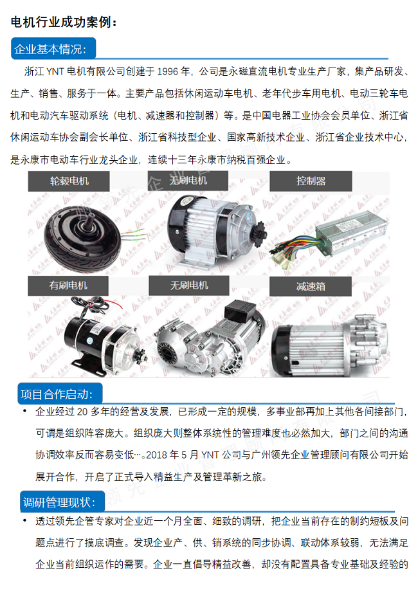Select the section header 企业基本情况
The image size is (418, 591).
pos(53,50)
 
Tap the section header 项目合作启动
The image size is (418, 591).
pos(57,394)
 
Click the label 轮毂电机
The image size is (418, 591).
pos(69,181)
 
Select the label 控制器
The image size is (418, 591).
pos(311,181)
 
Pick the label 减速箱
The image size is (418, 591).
pos(311,285)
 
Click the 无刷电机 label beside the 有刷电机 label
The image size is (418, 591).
pos(189,285)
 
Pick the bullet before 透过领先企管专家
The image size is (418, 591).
pos(24,520)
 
